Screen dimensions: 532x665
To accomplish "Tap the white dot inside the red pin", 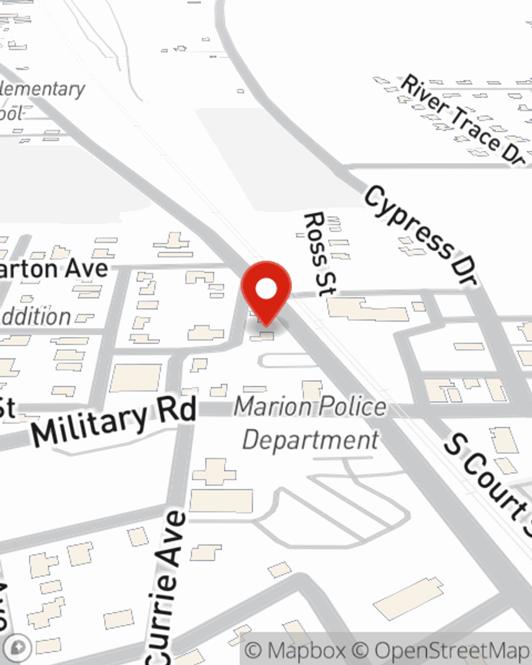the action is click(266, 289).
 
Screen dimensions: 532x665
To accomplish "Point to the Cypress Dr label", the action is click(420, 235).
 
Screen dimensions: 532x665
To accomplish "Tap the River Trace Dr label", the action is click(463, 120).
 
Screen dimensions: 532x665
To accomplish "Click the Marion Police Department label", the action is click(311, 423).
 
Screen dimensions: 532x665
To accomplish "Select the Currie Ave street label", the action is click(168, 585).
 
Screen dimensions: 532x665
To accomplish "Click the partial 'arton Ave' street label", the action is click(53, 269).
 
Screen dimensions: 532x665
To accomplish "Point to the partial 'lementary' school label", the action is click(43, 89).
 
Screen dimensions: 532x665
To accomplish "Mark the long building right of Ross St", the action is click(367, 310).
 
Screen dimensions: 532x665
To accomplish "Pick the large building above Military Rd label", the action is click(136, 377).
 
